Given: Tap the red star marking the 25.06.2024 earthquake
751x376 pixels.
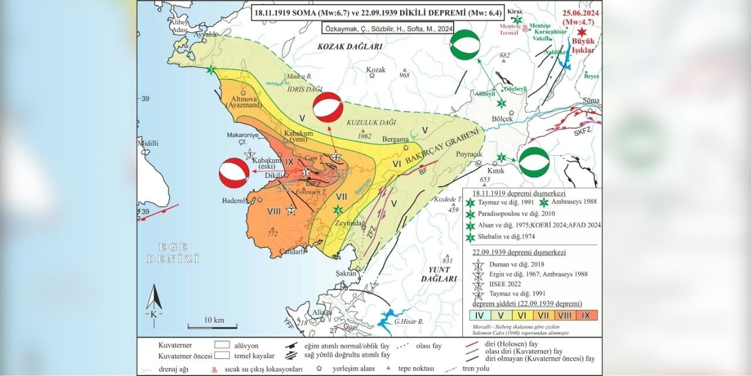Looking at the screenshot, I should pyautogui.click(x=581, y=33).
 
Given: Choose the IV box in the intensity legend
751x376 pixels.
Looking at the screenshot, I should pyautogui.click(x=480, y=315).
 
